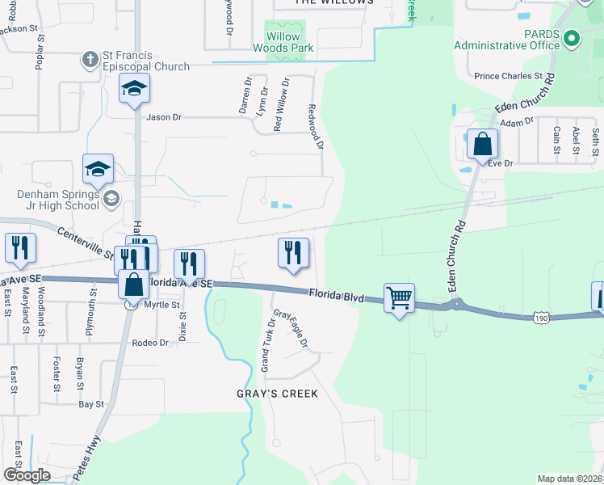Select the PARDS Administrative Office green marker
tap(572, 37)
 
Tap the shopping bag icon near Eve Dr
tap(482, 145)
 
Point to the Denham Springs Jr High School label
tap(58, 200)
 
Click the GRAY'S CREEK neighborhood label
tap(277, 394)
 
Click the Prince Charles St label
tap(508, 76)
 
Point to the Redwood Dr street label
tap(316, 126)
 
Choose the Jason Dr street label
tap(164, 117)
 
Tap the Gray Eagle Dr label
tap(292, 330)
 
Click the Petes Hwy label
tap(87, 458)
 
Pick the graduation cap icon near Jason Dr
tap(134, 88)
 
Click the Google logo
tap(27, 475)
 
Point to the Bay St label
tap(91, 403)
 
